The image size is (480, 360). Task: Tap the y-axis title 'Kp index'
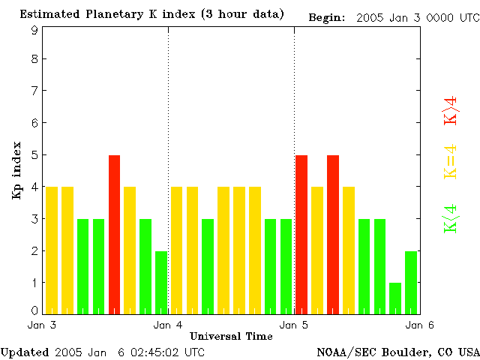tap(16, 170)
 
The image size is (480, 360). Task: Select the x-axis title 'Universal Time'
tap(231, 336)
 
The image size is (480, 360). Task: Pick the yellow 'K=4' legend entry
tap(451, 162)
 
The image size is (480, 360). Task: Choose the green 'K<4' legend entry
tap(451, 218)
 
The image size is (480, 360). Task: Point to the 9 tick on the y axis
tap(34, 30)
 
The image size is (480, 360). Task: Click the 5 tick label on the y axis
tap(34, 155)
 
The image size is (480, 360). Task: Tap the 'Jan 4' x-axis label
tap(168, 325)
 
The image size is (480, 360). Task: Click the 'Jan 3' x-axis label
tap(42, 325)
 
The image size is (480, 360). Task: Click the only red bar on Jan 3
tap(114, 234)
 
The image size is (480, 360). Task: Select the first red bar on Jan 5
tap(301, 234)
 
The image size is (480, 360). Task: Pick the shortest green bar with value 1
tap(395, 298)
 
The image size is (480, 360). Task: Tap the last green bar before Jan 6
tap(411, 282)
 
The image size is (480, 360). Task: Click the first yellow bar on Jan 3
tap(52, 250)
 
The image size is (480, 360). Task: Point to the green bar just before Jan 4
tap(161, 282)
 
